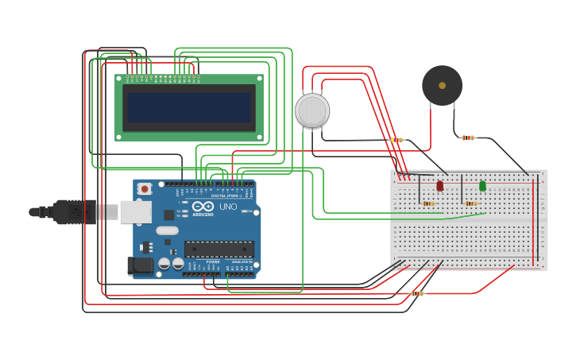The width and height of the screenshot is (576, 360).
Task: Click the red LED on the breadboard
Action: pyautogui.click(x=440, y=186)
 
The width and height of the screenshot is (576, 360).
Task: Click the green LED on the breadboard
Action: pyautogui.click(x=482, y=186)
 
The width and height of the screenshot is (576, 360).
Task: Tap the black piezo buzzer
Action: pyautogui.click(x=442, y=85)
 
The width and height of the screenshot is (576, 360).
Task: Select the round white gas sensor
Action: pyautogui.click(x=312, y=110)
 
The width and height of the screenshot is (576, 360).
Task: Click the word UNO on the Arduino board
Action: pyautogui.click(x=228, y=207)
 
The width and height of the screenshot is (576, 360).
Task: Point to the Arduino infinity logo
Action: pyautogui.click(x=203, y=207)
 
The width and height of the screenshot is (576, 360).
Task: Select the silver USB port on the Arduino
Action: pyautogui.click(x=135, y=211)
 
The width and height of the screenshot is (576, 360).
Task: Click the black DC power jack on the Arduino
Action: pyautogui.click(x=141, y=265)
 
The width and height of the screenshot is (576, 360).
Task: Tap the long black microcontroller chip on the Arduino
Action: pyautogui.click(x=219, y=249)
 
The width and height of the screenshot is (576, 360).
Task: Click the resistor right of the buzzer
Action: pyautogui.click(x=468, y=137)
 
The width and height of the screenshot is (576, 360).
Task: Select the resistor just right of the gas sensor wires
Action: pyautogui.click(x=396, y=140)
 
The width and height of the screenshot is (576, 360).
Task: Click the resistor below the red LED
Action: pyautogui.click(x=429, y=203)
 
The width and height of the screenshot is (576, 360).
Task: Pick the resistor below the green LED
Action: pyautogui.click(x=471, y=203)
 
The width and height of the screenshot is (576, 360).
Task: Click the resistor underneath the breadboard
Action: pyautogui.click(x=416, y=293)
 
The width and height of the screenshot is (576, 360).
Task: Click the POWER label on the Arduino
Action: pyautogui.click(x=213, y=261)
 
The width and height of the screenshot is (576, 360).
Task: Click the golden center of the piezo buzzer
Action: pyautogui.click(x=442, y=85)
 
